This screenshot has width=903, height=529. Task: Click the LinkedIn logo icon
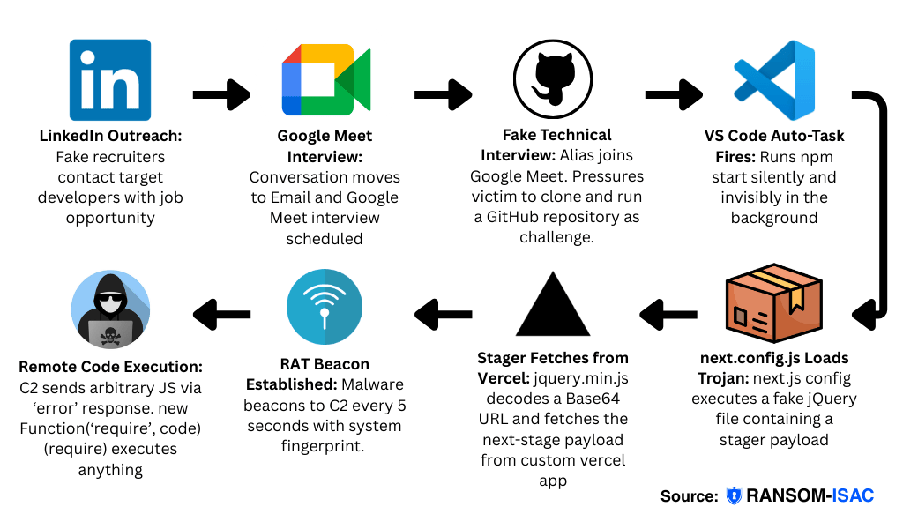pyautogui.click(x=110, y=80)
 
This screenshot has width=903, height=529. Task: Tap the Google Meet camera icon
pyautogui.click(x=325, y=80)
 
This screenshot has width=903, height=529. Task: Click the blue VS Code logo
pyautogui.click(x=774, y=80)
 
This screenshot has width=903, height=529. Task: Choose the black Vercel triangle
pyautogui.click(x=552, y=304)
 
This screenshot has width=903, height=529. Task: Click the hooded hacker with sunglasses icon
pyautogui.click(x=110, y=309)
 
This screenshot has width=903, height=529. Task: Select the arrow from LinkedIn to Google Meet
pyautogui.click(x=221, y=94)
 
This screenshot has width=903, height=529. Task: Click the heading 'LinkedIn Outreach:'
pyautogui.click(x=110, y=137)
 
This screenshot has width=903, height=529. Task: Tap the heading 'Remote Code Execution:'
pyautogui.click(x=110, y=367)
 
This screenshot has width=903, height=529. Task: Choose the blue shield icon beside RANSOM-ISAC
pyautogui.click(x=734, y=495)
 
